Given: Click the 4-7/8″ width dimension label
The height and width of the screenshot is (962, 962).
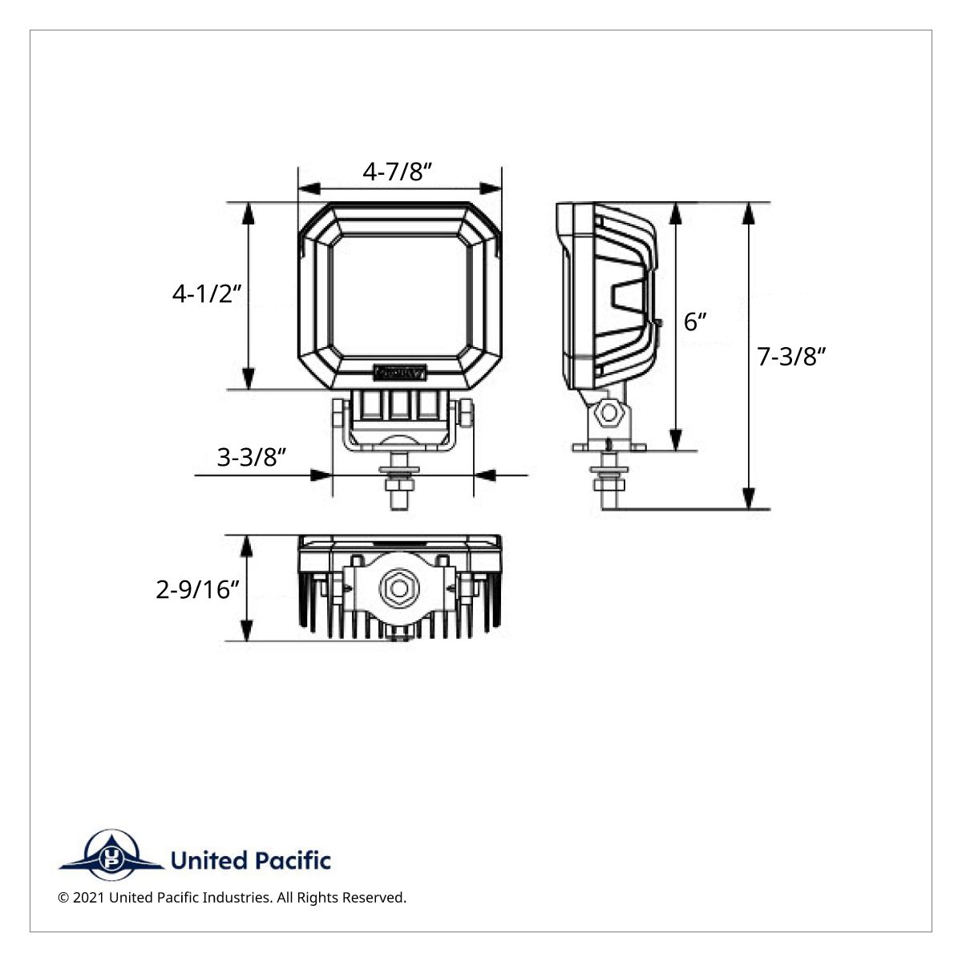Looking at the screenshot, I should pos(398,171).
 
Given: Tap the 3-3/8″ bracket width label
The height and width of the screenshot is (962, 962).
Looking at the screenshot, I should pos(252,457).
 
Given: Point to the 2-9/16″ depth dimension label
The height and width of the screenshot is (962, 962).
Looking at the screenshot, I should pos(198,590).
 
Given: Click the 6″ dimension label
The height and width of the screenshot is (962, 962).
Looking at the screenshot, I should pos(695,321).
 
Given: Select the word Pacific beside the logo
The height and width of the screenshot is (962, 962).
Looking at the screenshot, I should pos(293,861).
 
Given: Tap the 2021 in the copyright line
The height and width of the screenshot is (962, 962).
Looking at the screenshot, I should pos(88,898).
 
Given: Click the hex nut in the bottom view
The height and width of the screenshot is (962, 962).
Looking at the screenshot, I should pos(398,589).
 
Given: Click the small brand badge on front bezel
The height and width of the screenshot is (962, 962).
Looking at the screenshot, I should pos(399,372).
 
